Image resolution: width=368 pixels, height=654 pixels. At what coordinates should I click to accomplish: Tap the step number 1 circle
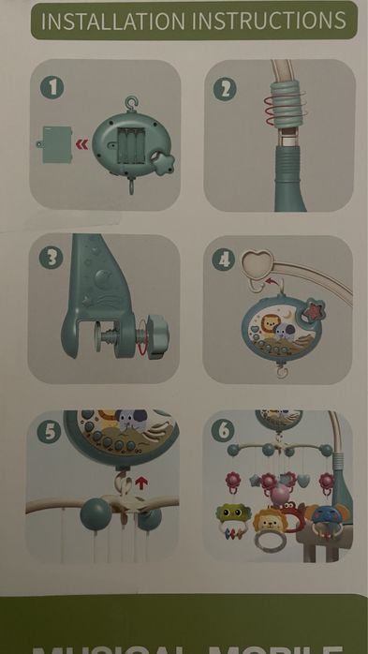tap(53, 87)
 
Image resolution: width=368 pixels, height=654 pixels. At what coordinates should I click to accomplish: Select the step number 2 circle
tap(224, 89)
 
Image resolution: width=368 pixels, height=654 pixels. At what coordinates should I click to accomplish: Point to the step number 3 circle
tap(51, 257)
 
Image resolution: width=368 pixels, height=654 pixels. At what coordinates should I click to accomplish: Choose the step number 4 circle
tap(223, 259)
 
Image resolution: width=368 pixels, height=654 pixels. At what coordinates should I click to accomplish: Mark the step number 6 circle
tap(222, 432)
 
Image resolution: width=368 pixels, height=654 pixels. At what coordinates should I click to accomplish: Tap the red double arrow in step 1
tap(82, 144)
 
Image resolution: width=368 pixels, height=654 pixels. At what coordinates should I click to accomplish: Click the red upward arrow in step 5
tap(141, 483)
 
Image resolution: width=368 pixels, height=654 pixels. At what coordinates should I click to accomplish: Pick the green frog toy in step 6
tap(231, 517)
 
